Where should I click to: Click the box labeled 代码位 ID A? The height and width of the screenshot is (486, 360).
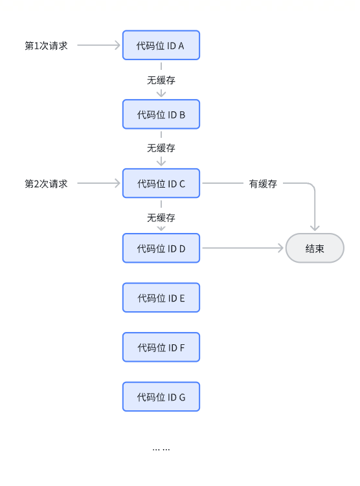(x=161, y=45)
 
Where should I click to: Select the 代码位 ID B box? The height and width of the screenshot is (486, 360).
(x=161, y=115)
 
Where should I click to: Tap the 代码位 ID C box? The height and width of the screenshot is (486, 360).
(x=161, y=184)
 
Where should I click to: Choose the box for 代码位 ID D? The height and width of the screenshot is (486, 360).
(x=161, y=249)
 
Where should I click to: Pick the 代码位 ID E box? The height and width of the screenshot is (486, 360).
(x=161, y=298)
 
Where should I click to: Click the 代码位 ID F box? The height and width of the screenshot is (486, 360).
(x=161, y=348)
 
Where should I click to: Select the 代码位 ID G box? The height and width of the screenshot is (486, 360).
(x=161, y=397)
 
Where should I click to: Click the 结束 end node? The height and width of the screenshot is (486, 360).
(x=315, y=249)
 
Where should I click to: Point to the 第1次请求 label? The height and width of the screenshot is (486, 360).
(x=46, y=45)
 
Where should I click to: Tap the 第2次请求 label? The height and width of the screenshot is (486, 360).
(x=46, y=184)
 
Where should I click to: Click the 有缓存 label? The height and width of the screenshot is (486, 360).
(x=263, y=184)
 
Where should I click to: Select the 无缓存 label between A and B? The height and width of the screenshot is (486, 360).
(x=161, y=80)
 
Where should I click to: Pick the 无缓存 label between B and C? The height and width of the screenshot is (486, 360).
(x=161, y=148)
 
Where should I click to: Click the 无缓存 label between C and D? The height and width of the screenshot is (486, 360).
(x=161, y=217)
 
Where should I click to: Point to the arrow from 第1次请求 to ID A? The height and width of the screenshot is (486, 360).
(x=98, y=45)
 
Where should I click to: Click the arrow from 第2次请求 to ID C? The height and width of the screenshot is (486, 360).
(x=98, y=183)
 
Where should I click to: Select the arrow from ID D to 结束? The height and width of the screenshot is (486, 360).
(x=243, y=248)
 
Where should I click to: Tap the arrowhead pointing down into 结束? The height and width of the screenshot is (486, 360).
(x=315, y=228)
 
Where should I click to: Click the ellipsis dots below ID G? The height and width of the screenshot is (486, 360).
(x=161, y=449)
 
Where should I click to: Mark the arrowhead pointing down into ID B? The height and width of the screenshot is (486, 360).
(x=161, y=94)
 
